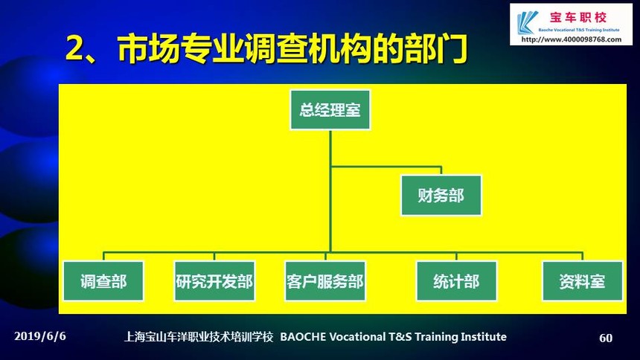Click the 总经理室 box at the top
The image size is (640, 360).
click(x=330, y=110)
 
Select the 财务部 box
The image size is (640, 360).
click(x=441, y=196)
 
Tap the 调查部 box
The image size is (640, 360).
click(x=103, y=281)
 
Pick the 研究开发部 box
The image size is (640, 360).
click(x=214, y=281)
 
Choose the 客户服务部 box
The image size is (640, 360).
click(x=325, y=281)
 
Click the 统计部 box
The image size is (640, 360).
click(x=456, y=281)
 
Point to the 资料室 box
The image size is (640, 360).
click(x=583, y=281)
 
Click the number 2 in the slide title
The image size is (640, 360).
click(x=74, y=48)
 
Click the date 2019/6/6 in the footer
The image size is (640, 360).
click(x=40, y=336)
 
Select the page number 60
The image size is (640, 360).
click(x=606, y=338)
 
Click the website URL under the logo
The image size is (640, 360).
click(x=572, y=39)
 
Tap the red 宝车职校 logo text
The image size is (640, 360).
click(x=578, y=18)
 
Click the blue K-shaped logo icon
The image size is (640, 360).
click(x=527, y=23)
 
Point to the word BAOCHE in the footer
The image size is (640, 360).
click(x=303, y=337)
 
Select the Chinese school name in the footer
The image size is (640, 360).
click(x=199, y=337)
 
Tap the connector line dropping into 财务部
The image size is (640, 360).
click(x=441, y=171)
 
